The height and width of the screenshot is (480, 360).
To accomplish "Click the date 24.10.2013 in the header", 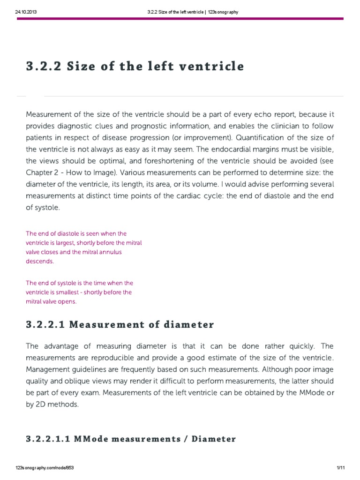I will coord(27,12).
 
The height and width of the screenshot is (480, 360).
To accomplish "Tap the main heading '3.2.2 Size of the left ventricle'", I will coord(135,66).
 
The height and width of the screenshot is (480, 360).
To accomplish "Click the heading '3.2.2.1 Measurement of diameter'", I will coord(120,324).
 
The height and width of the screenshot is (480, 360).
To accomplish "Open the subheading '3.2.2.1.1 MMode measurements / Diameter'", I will coord(131,439).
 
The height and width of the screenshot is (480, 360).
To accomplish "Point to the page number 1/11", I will coord(341,468).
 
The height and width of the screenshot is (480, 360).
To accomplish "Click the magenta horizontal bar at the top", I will coord(180,19).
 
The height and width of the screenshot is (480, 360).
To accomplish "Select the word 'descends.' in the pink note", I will coord(40,262).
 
